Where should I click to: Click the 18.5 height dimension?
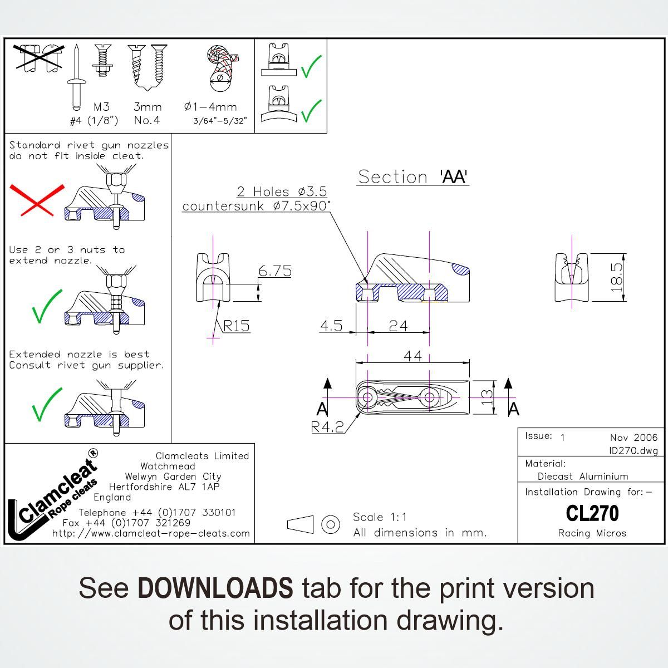tap(617, 277)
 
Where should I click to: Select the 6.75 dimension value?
tap(275, 271)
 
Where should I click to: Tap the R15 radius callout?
tap(237, 326)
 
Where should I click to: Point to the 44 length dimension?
tap(412, 356)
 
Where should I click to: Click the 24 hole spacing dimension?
tap(398, 326)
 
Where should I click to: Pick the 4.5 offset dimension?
tap(331, 326)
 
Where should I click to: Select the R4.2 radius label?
tap(327, 428)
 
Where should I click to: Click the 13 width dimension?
tap(487, 397)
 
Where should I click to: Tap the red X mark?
tap(37, 200)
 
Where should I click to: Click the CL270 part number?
tap(592, 513)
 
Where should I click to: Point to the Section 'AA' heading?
tap(412, 177)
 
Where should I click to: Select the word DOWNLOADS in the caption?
tap(215, 588)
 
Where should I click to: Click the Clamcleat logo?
tap(52, 497)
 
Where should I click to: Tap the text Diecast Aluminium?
tap(583, 477)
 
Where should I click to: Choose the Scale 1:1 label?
tap(380, 517)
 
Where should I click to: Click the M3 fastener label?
tap(101, 107)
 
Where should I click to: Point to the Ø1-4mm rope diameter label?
tap(210, 107)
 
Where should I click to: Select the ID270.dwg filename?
tap(633, 450)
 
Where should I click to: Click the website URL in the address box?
tap(151, 533)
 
